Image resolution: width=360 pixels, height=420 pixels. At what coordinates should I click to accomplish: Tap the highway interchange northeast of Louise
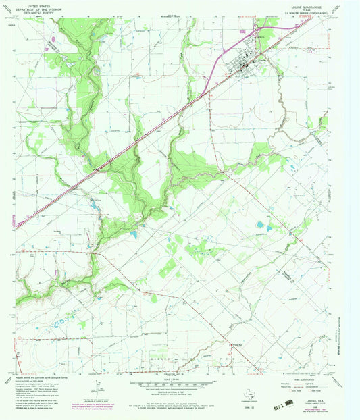coord(257,31)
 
